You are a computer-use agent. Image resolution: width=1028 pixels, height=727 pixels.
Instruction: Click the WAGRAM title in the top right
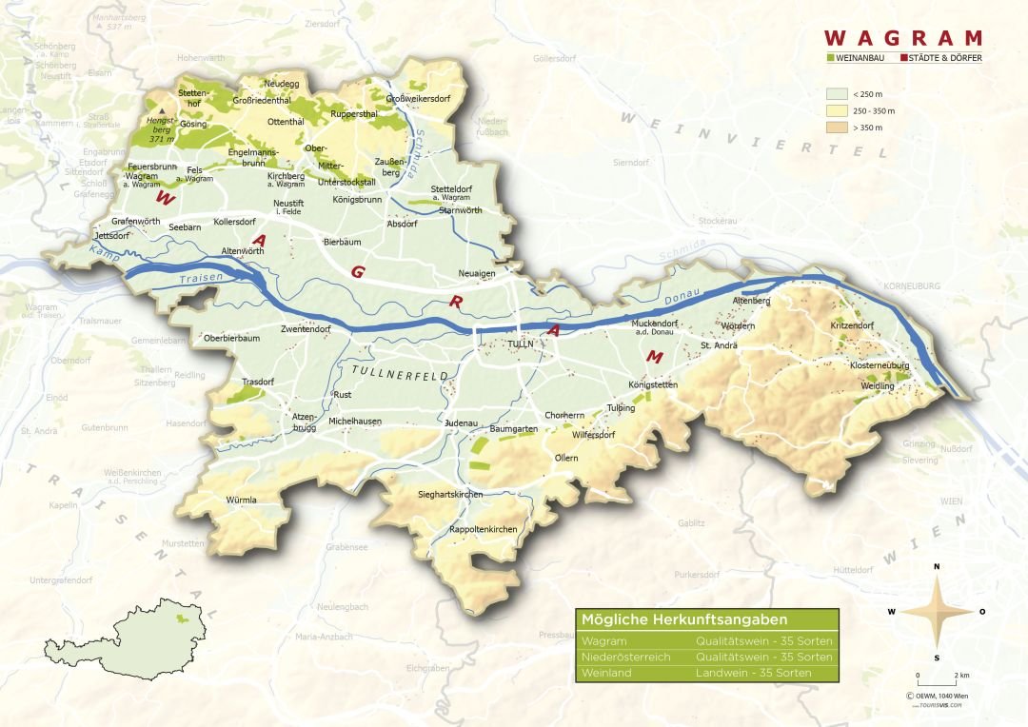pyautogui.click(x=902, y=38)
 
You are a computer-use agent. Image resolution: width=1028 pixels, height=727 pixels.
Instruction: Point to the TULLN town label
pyautogui.click(x=522, y=344)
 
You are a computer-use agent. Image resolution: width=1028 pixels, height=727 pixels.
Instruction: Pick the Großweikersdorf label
pyautogui.click(x=418, y=98)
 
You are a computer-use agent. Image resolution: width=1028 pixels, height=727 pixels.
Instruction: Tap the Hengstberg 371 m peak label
pyautogui.click(x=157, y=128)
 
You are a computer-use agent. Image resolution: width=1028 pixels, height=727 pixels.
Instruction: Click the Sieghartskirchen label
pyautogui.click(x=450, y=495)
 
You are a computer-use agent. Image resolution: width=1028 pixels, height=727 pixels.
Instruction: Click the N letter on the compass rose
pyautogui.click(x=937, y=567)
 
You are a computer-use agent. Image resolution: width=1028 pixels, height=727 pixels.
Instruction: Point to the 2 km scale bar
pyautogui.click(x=938, y=682)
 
